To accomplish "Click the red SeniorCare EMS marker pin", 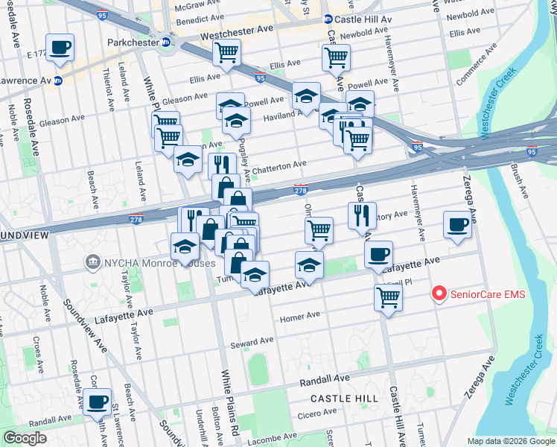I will [439, 294].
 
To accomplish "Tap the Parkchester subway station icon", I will [167, 43].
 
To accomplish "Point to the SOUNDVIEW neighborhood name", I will [24, 235].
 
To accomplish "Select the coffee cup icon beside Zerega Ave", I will [456, 223].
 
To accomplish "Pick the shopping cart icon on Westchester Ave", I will [226, 52].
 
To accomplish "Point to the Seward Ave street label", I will [252, 343].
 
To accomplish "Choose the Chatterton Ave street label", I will [278, 166].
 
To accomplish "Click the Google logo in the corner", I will [25, 438].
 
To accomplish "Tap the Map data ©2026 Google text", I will [510, 441].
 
